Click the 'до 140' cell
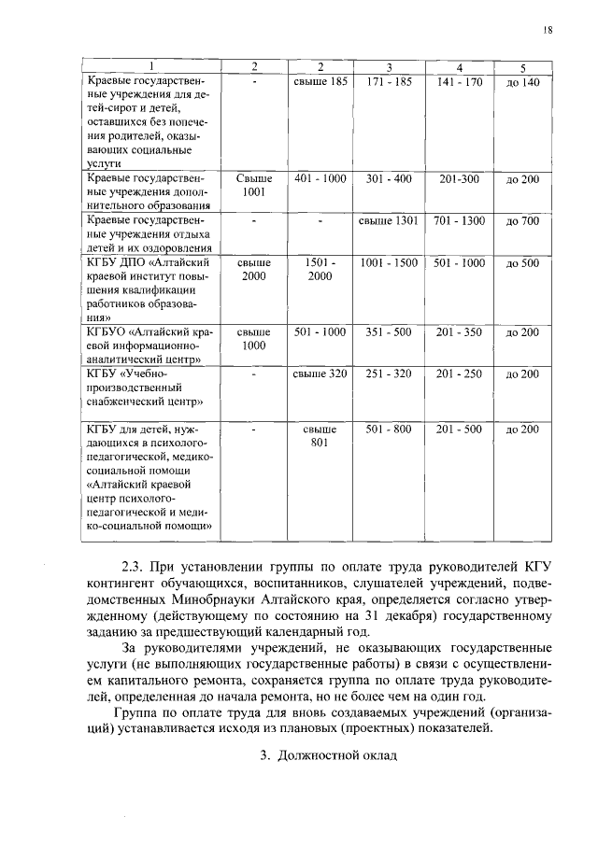coord(522,83)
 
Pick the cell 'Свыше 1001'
coord(254,186)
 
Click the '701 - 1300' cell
coord(459,221)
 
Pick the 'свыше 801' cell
coord(320,436)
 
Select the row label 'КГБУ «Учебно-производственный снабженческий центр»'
coord(139,388)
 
